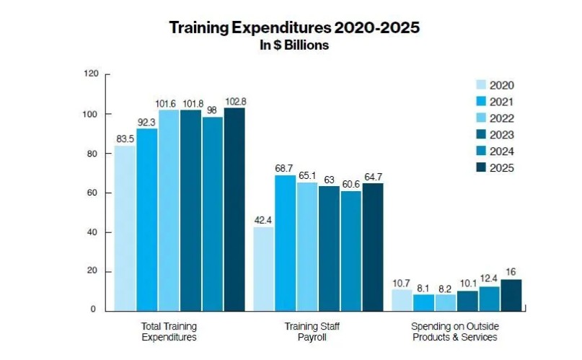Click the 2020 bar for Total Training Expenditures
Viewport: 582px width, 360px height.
[x=125, y=228]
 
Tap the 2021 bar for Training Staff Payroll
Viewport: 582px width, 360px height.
[x=286, y=242]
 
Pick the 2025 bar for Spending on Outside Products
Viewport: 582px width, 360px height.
[x=511, y=295]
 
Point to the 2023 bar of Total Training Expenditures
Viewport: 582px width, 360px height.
[x=190, y=210]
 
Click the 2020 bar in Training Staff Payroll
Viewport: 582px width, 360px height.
[x=264, y=268]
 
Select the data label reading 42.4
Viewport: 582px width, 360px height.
[x=263, y=220]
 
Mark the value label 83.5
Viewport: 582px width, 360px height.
[x=125, y=139]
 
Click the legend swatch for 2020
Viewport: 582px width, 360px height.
[x=482, y=84]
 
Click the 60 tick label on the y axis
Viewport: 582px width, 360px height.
[x=93, y=193]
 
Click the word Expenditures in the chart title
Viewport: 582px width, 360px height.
[x=276, y=28]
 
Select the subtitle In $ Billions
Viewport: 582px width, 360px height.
[x=294, y=45]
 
